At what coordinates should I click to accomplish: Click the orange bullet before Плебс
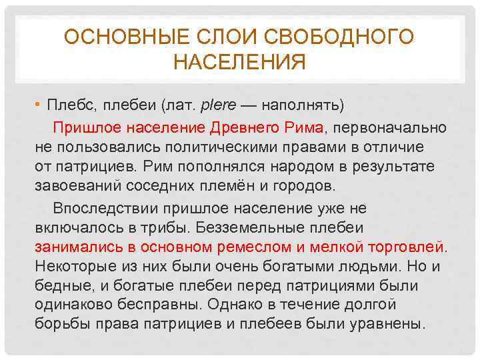coord(38,105)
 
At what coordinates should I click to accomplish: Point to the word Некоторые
coord(74,267)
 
